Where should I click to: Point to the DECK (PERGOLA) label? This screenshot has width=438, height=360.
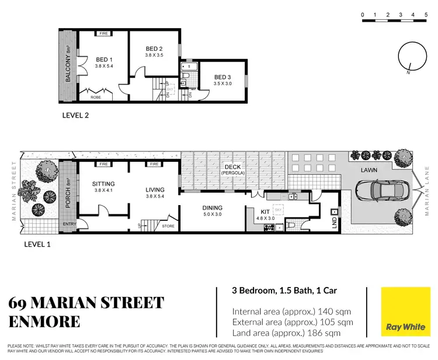(233, 169)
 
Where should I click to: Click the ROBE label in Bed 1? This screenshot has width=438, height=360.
(95, 98)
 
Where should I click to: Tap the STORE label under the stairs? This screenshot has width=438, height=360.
(168, 226)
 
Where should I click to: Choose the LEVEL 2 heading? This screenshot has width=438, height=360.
(75, 115)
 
